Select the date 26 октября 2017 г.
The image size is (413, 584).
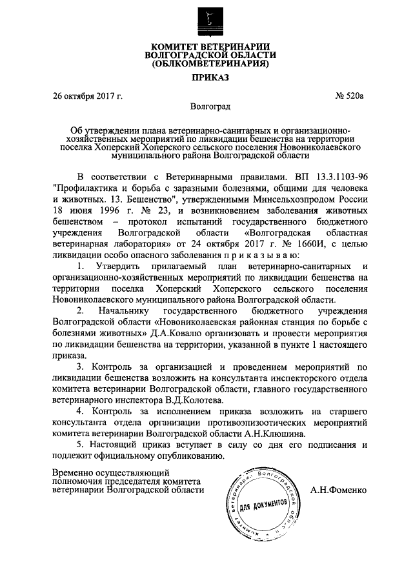tap(88, 97)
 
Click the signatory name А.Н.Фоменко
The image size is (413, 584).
tap(338, 490)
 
